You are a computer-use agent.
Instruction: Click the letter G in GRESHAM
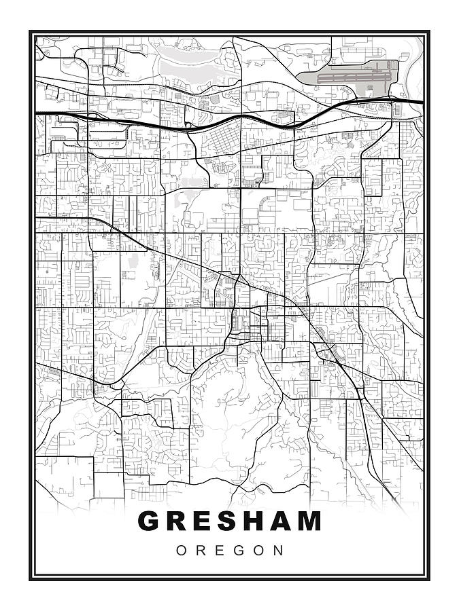150,521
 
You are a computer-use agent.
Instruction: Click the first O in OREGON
182,551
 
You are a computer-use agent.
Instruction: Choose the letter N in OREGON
279,551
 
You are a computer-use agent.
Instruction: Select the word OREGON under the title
230,551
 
